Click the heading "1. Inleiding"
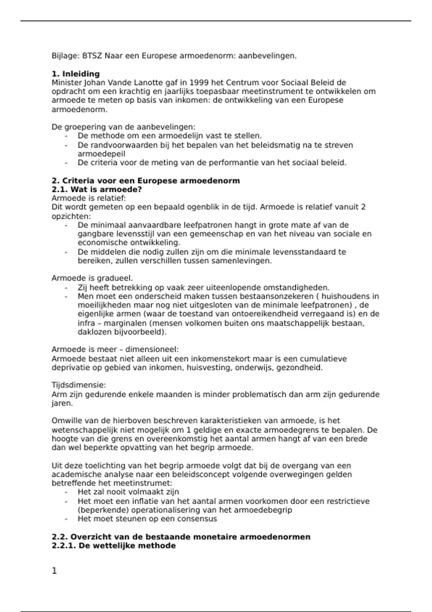(x=76, y=74)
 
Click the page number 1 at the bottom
(x=54, y=571)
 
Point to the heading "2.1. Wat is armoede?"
(x=97, y=189)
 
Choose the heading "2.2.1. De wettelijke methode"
(x=113, y=545)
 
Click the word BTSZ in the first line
(x=92, y=56)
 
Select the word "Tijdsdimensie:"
(x=78, y=385)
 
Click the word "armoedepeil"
(x=101, y=154)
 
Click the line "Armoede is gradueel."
(x=92, y=278)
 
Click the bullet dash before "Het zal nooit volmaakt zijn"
(x=66, y=492)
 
